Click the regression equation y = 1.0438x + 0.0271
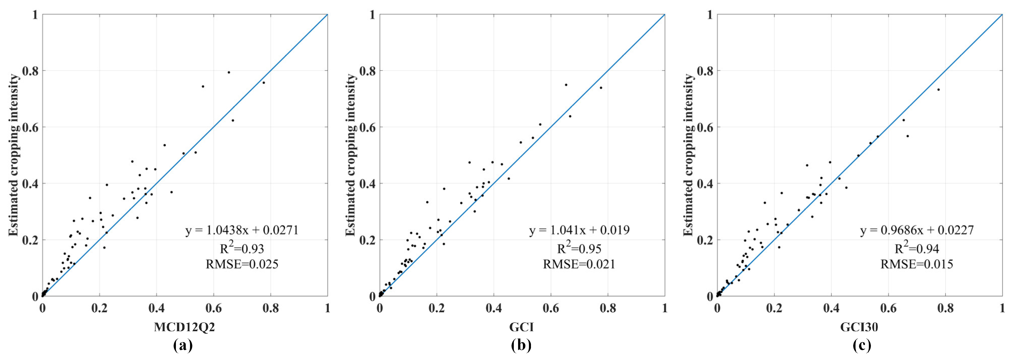click(242, 230)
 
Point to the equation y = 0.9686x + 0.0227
click(917, 230)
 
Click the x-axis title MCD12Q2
click(184, 327)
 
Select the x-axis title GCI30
click(859, 327)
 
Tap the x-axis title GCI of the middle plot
click(522, 327)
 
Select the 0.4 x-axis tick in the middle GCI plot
click(494, 308)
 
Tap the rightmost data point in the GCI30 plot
click(939, 90)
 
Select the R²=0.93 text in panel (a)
click(242, 248)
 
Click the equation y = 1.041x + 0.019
click(579, 230)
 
